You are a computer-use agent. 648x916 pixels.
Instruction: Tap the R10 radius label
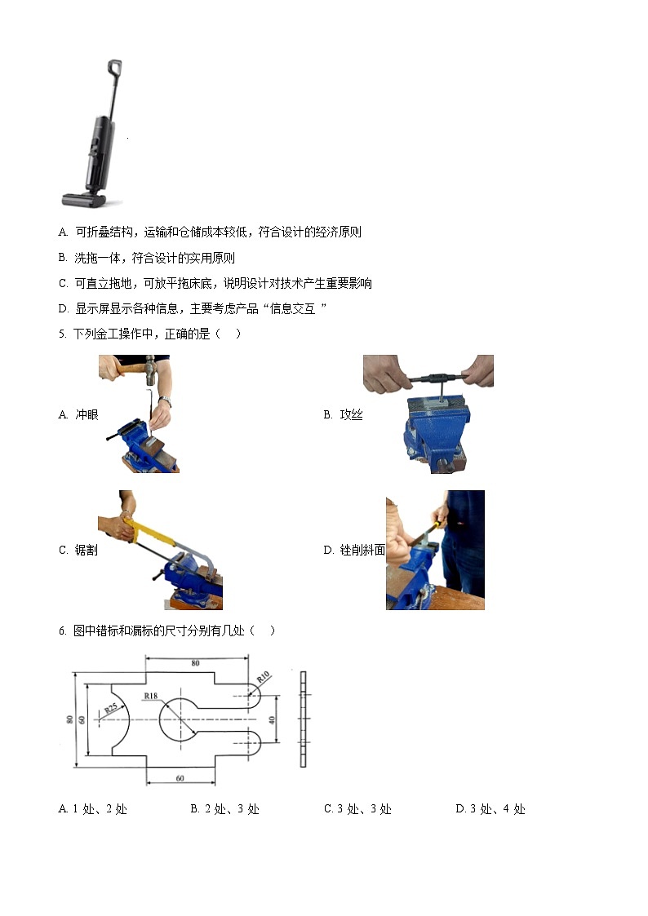pyautogui.click(x=263, y=677)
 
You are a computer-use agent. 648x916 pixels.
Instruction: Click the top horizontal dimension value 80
pyautogui.click(x=195, y=664)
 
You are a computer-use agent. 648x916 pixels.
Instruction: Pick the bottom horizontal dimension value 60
pyautogui.click(x=180, y=778)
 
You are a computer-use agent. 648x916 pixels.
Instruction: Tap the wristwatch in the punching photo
pyautogui.click(x=166, y=401)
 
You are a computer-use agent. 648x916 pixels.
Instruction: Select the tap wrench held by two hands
pyautogui.click(x=428, y=378)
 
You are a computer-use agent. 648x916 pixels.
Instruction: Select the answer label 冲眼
pyautogui.click(x=87, y=414)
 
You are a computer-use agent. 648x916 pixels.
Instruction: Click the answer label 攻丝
pyautogui.click(x=351, y=414)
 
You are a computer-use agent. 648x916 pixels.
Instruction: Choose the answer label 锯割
pyautogui.click(x=87, y=550)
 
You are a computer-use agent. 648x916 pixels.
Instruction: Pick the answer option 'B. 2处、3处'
pyautogui.click(x=224, y=809)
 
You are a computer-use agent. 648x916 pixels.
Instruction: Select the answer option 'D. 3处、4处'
pyautogui.click(x=490, y=809)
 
